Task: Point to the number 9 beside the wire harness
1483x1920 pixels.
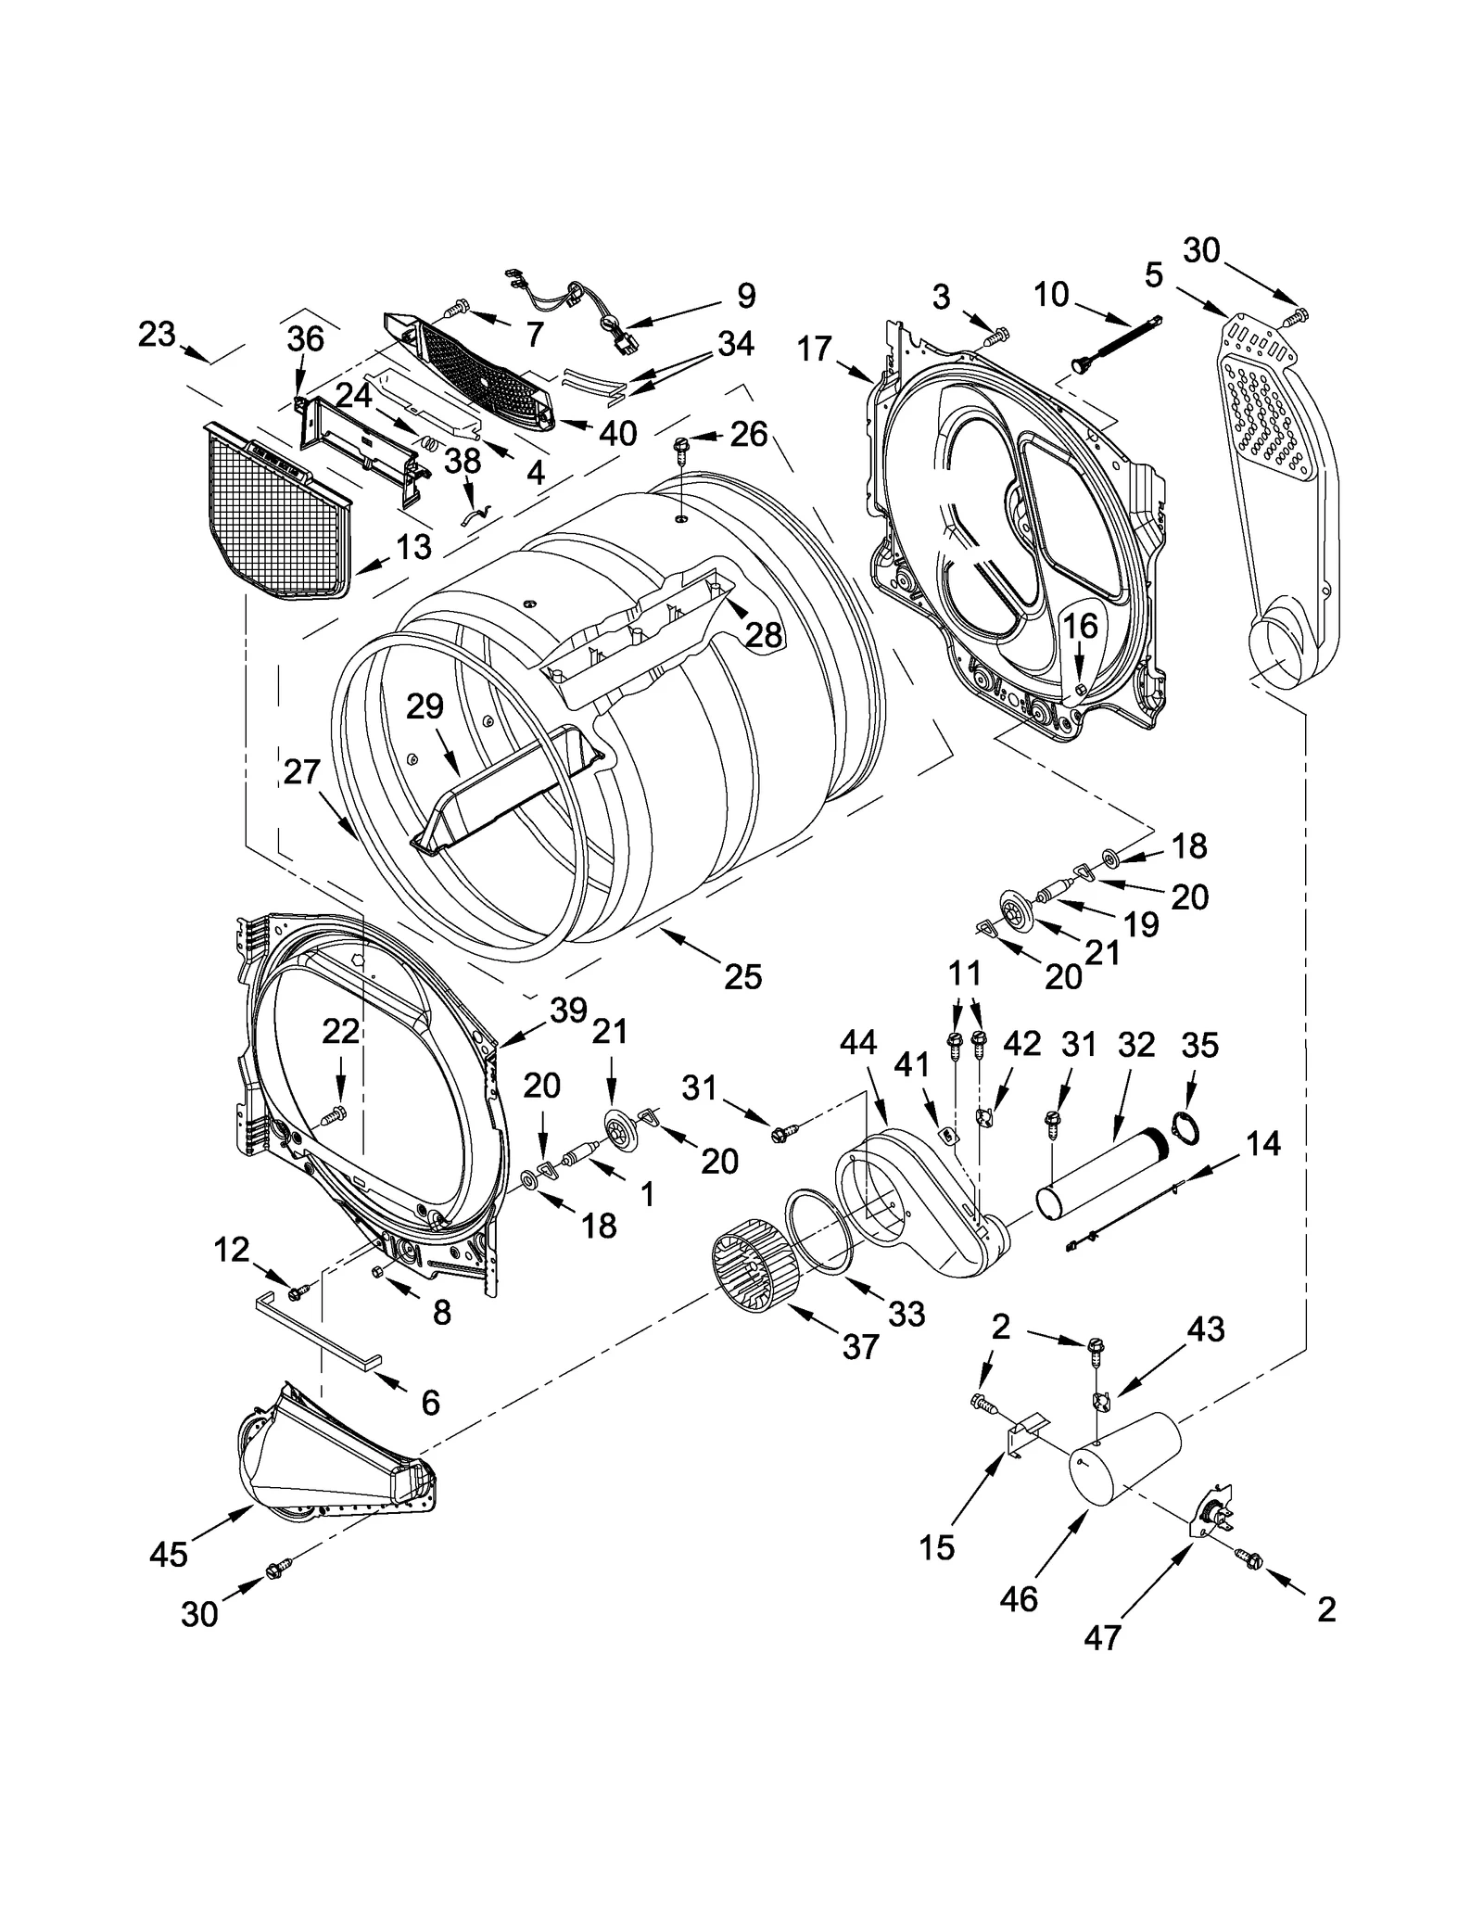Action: (x=746, y=296)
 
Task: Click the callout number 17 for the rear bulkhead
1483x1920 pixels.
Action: (x=814, y=350)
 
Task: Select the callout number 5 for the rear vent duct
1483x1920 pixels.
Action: (x=1153, y=274)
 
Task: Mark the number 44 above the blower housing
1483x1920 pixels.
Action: (x=857, y=1043)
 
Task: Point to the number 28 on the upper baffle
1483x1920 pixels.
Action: (x=764, y=635)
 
